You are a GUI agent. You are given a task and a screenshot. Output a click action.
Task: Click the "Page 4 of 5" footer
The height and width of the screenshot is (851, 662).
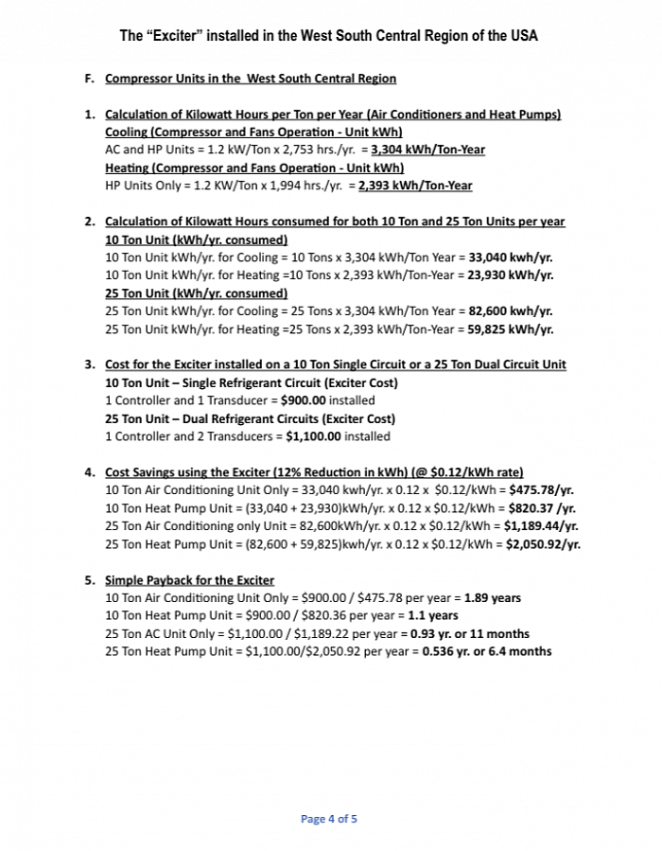click(x=329, y=819)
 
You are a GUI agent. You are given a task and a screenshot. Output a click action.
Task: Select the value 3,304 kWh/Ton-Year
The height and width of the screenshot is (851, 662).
click(x=428, y=150)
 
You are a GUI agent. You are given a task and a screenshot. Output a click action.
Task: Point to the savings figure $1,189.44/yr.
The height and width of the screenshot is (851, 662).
click(x=541, y=526)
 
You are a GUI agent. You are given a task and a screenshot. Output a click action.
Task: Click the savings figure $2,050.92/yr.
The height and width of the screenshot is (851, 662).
click(x=543, y=544)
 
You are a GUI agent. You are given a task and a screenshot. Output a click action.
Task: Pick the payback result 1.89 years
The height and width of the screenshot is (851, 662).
click(x=492, y=598)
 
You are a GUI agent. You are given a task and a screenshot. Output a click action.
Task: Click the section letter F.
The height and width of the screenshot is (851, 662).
click(x=89, y=79)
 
